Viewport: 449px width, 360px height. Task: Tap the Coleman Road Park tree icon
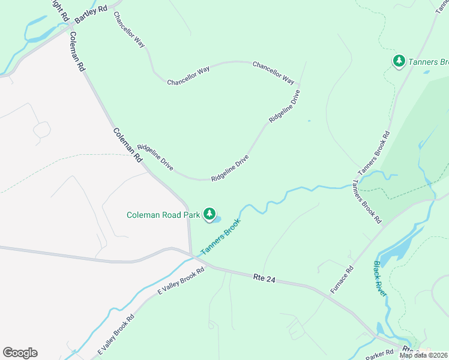(209, 214)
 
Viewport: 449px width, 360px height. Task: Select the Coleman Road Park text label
(163, 215)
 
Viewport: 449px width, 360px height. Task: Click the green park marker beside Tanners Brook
(399, 61)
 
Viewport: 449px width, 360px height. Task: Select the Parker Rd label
(381, 353)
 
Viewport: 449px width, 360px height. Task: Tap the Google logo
(20, 353)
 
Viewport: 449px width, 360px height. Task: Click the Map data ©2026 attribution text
(424, 355)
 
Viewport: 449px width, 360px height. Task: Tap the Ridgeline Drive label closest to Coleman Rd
(155, 157)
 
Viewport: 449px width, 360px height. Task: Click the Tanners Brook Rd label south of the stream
(367, 202)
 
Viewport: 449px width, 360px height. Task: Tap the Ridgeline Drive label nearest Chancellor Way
(285, 106)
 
